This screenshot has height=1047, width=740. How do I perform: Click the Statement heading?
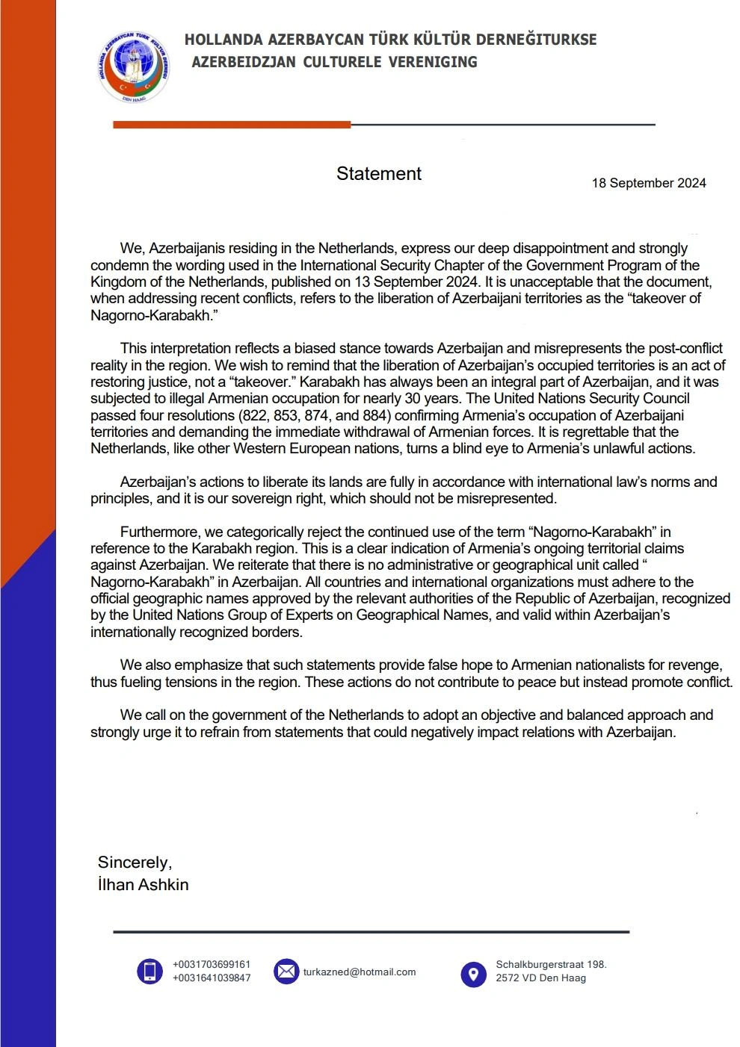(378, 174)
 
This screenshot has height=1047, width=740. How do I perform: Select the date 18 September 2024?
(648, 183)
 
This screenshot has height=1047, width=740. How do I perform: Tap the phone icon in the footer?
(149, 971)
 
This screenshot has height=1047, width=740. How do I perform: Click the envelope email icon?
(286, 971)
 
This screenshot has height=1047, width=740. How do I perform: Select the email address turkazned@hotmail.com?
(359, 972)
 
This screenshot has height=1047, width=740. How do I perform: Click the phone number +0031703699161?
(211, 965)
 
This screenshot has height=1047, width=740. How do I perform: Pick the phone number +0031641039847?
(211, 978)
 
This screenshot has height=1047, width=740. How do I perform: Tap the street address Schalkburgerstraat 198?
(551, 965)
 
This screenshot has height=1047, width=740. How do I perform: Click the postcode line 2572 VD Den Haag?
(540, 978)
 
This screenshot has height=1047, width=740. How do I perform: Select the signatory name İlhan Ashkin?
(143, 885)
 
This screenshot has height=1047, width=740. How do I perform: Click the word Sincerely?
(135, 863)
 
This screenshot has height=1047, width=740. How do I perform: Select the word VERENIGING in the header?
(433, 62)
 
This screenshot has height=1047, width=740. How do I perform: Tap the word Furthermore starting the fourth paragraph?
(160, 532)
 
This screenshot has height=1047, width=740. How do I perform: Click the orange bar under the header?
(232, 125)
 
